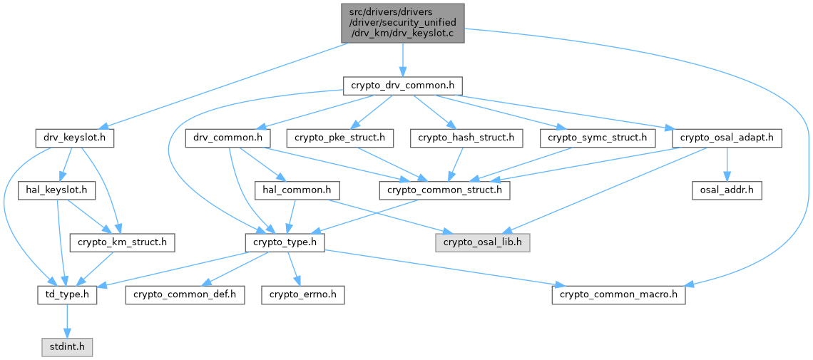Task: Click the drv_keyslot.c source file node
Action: click(402, 22)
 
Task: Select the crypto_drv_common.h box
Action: click(402, 86)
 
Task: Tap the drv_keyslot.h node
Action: click(74, 138)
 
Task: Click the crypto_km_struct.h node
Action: click(123, 242)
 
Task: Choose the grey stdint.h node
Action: click(66, 347)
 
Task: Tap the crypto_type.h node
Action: click(285, 242)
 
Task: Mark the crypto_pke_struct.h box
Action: click(340, 138)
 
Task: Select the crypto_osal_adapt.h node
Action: click(727, 138)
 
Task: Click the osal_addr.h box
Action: click(727, 190)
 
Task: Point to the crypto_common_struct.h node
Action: click(444, 190)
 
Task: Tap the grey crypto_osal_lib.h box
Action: click(483, 242)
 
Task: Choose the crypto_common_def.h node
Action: click(185, 294)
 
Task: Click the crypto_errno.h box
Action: click(302, 294)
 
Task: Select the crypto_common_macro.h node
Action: click(618, 294)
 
